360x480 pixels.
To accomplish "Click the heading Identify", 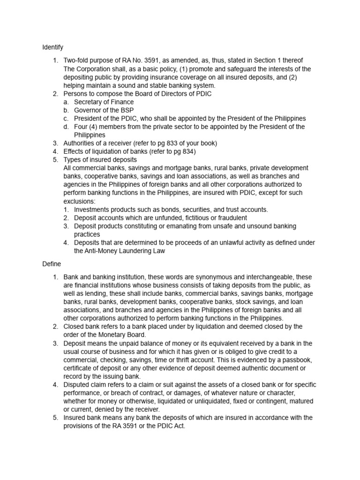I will (52, 47).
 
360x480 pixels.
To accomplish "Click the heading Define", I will (52, 264).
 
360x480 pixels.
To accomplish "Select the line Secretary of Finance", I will (104, 102).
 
